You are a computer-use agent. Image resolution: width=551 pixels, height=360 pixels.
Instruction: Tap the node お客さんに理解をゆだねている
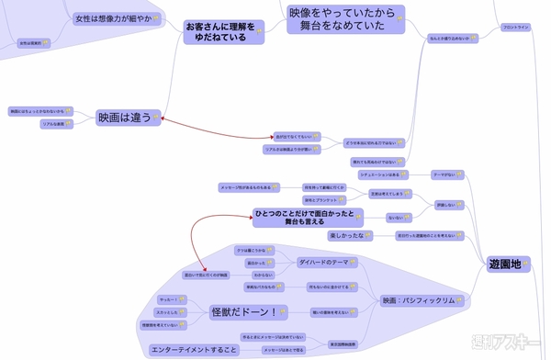[221, 32]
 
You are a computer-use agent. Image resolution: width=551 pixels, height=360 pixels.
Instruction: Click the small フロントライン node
[516, 28]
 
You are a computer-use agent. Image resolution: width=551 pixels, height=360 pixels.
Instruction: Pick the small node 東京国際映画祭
[343, 344]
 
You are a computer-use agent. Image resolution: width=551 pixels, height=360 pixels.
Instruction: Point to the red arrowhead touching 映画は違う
[163, 118]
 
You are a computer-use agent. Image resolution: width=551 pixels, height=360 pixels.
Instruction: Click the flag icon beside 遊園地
[526, 264]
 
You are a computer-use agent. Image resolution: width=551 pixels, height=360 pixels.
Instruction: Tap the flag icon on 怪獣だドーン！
[282, 313]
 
